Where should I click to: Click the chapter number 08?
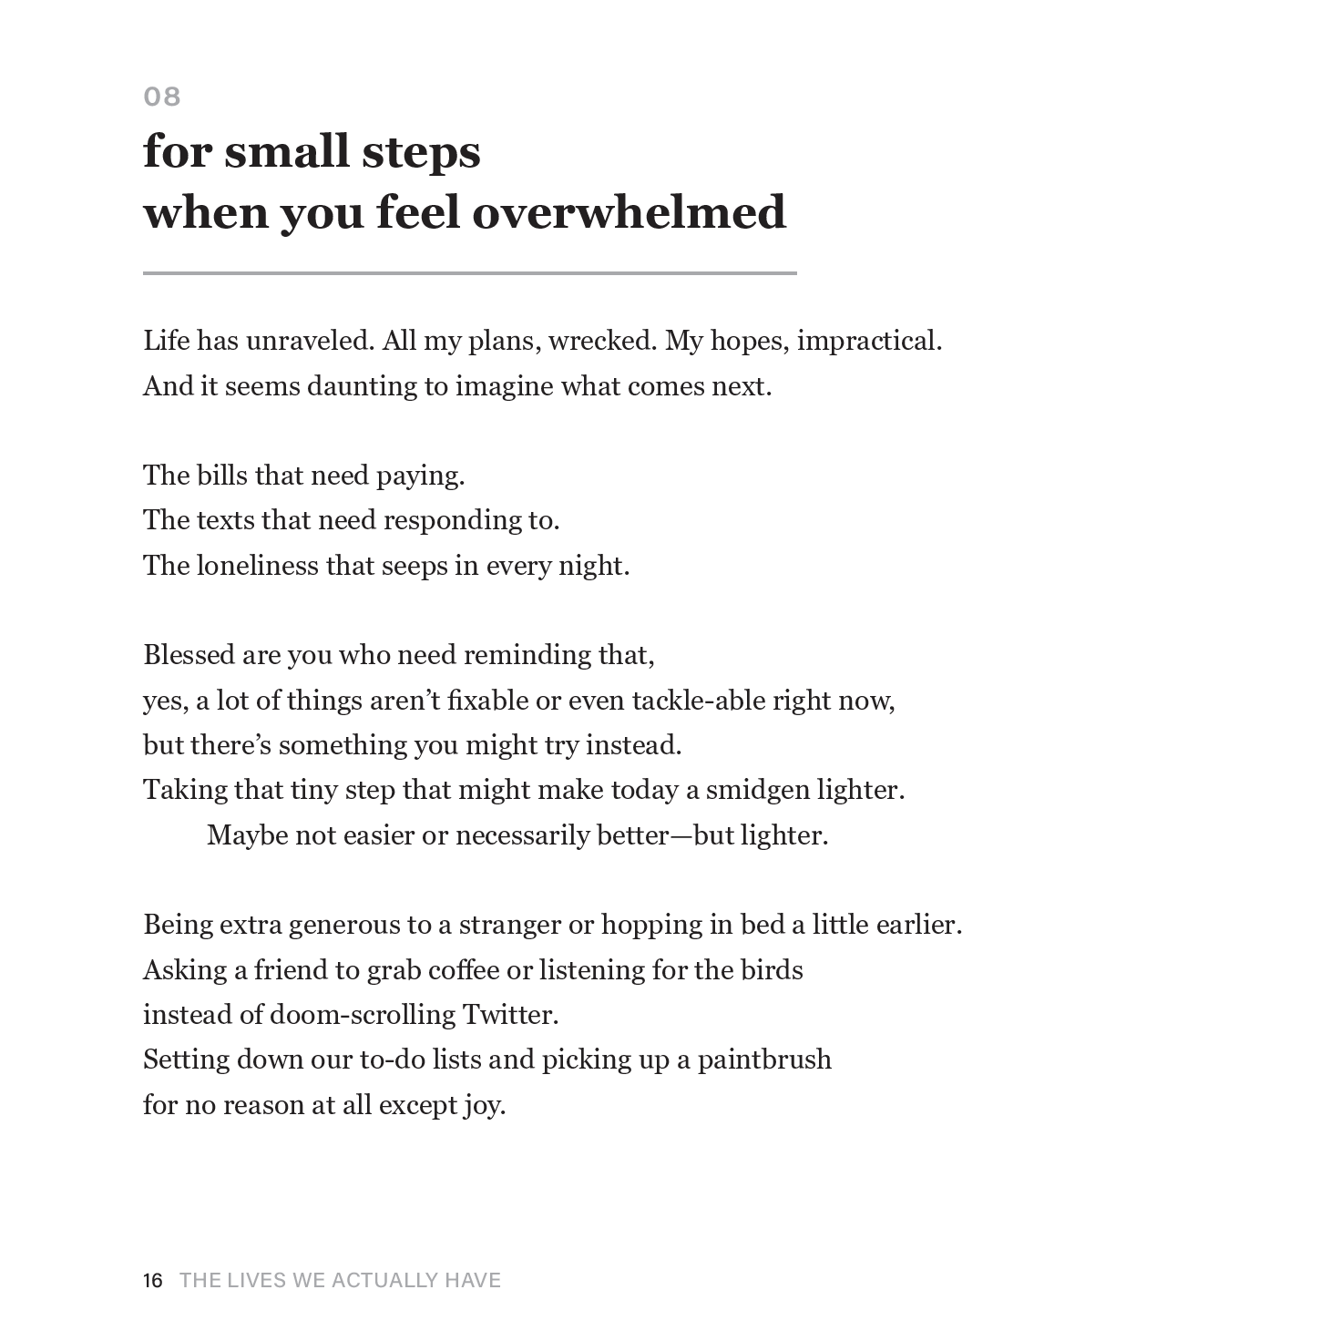click(x=162, y=97)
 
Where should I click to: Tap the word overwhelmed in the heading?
click(x=629, y=212)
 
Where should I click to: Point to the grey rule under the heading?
click(x=469, y=272)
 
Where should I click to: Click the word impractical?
click(x=869, y=341)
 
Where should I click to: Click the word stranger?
click(x=509, y=925)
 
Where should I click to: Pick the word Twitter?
click(x=510, y=1014)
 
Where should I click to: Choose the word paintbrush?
click(x=764, y=1059)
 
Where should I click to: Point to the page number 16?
click(x=153, y=1281)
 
